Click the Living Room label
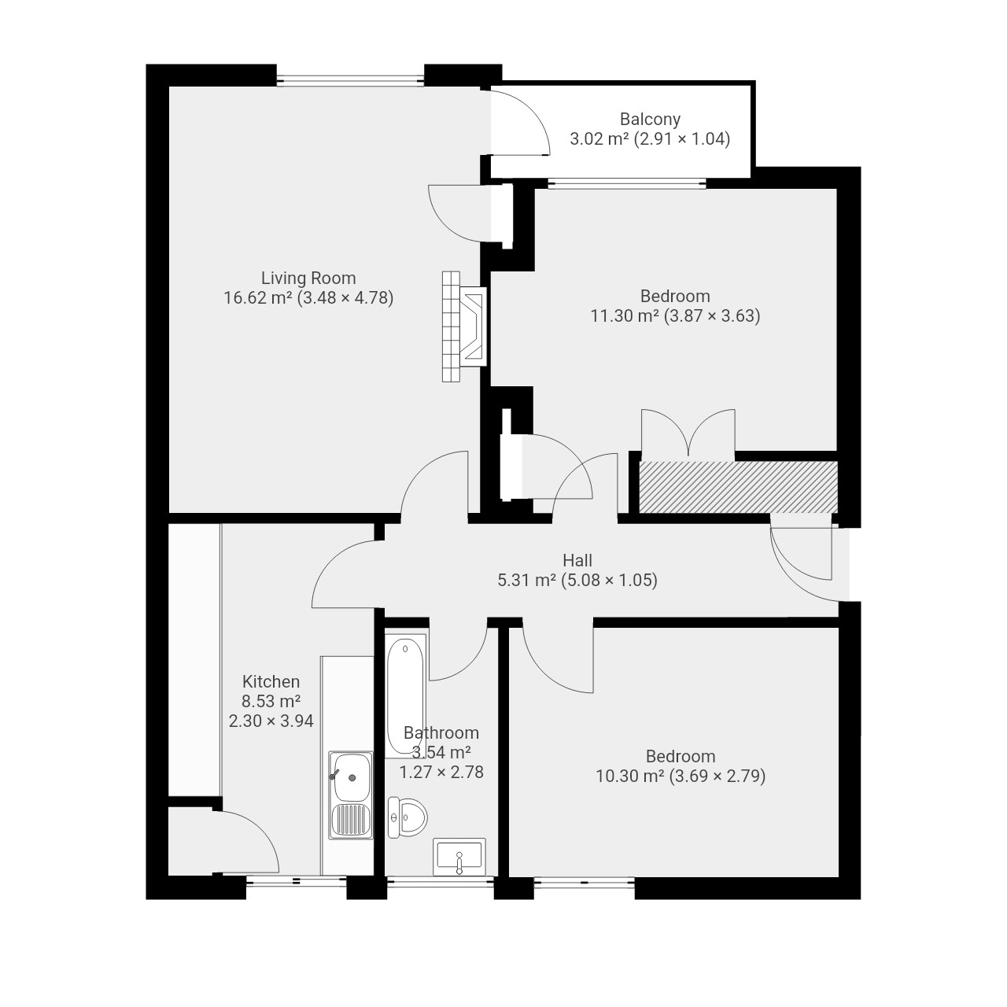[x=308, y=278]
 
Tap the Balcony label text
[x=650, y=120]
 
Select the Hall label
[x=577, y=561]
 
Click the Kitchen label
[x=271, y=681]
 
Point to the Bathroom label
[x=441, y=732]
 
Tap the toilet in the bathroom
[x=408, y=817]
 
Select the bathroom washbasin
[x=459, y=857]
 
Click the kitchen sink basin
[x=352, y=777]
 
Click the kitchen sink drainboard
[x=351, y=820]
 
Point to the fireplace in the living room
[x=464, y=326]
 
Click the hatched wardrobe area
[x=738, y=487]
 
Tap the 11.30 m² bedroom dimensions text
[x=675, y=316]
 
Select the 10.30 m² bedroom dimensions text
[x=681, y=776]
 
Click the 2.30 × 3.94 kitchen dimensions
[x=271, y=721]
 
